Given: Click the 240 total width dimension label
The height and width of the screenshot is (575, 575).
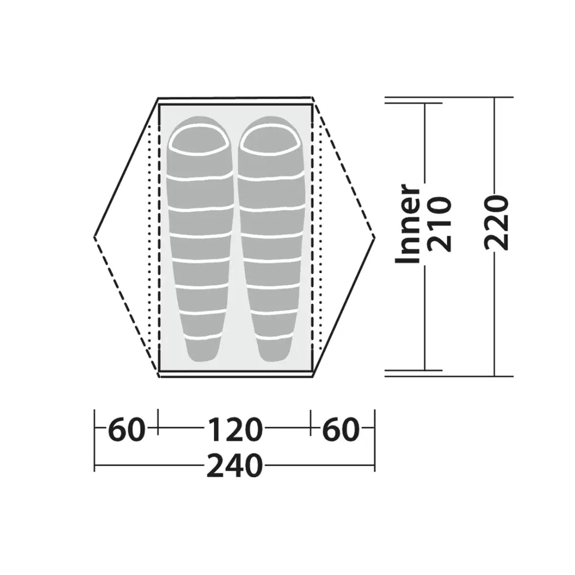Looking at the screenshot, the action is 234,466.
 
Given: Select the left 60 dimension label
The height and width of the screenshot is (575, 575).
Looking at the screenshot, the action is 126,430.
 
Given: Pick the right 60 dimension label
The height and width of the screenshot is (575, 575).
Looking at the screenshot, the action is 341,430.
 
